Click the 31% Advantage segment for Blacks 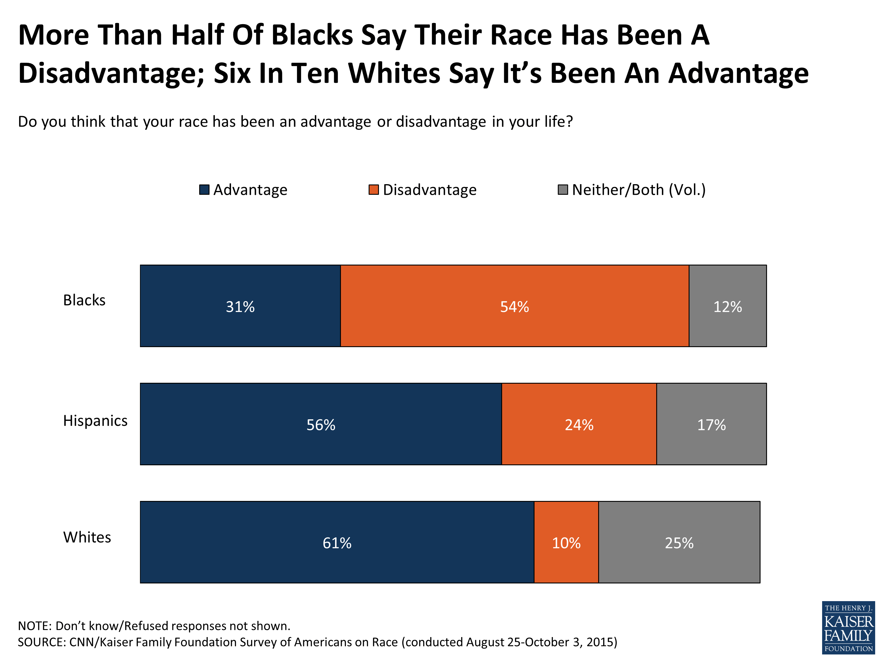pos(240,306)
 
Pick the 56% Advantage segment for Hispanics pos(321,424)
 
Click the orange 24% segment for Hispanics pos(579,424)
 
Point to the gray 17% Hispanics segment pos(711,424)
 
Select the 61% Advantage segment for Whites pos(337,542)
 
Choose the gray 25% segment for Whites pos(679,542)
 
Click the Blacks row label pos(84,300)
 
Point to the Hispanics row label pos(95,420)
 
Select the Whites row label pos(87,537)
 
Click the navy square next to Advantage pos(204,189)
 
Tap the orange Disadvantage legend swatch pos(373,189)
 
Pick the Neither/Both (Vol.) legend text pos(639,189)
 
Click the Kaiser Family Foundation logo pos(848,627)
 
